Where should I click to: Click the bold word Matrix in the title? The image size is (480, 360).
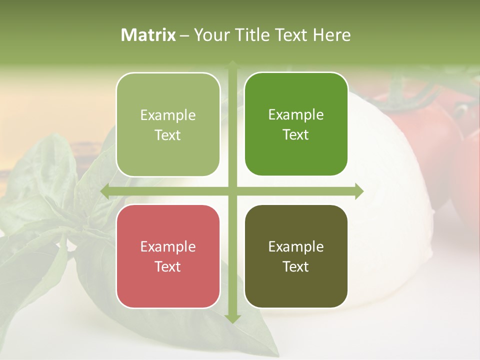tap(148, 35)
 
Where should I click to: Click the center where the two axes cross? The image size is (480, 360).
tap(232, 191)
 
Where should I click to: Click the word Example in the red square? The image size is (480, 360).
tap(168, 246)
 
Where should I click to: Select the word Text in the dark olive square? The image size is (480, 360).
tap(296, 266)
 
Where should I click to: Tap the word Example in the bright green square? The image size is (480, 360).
tap(296, 114)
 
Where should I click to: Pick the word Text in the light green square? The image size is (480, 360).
tap(168, 135)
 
